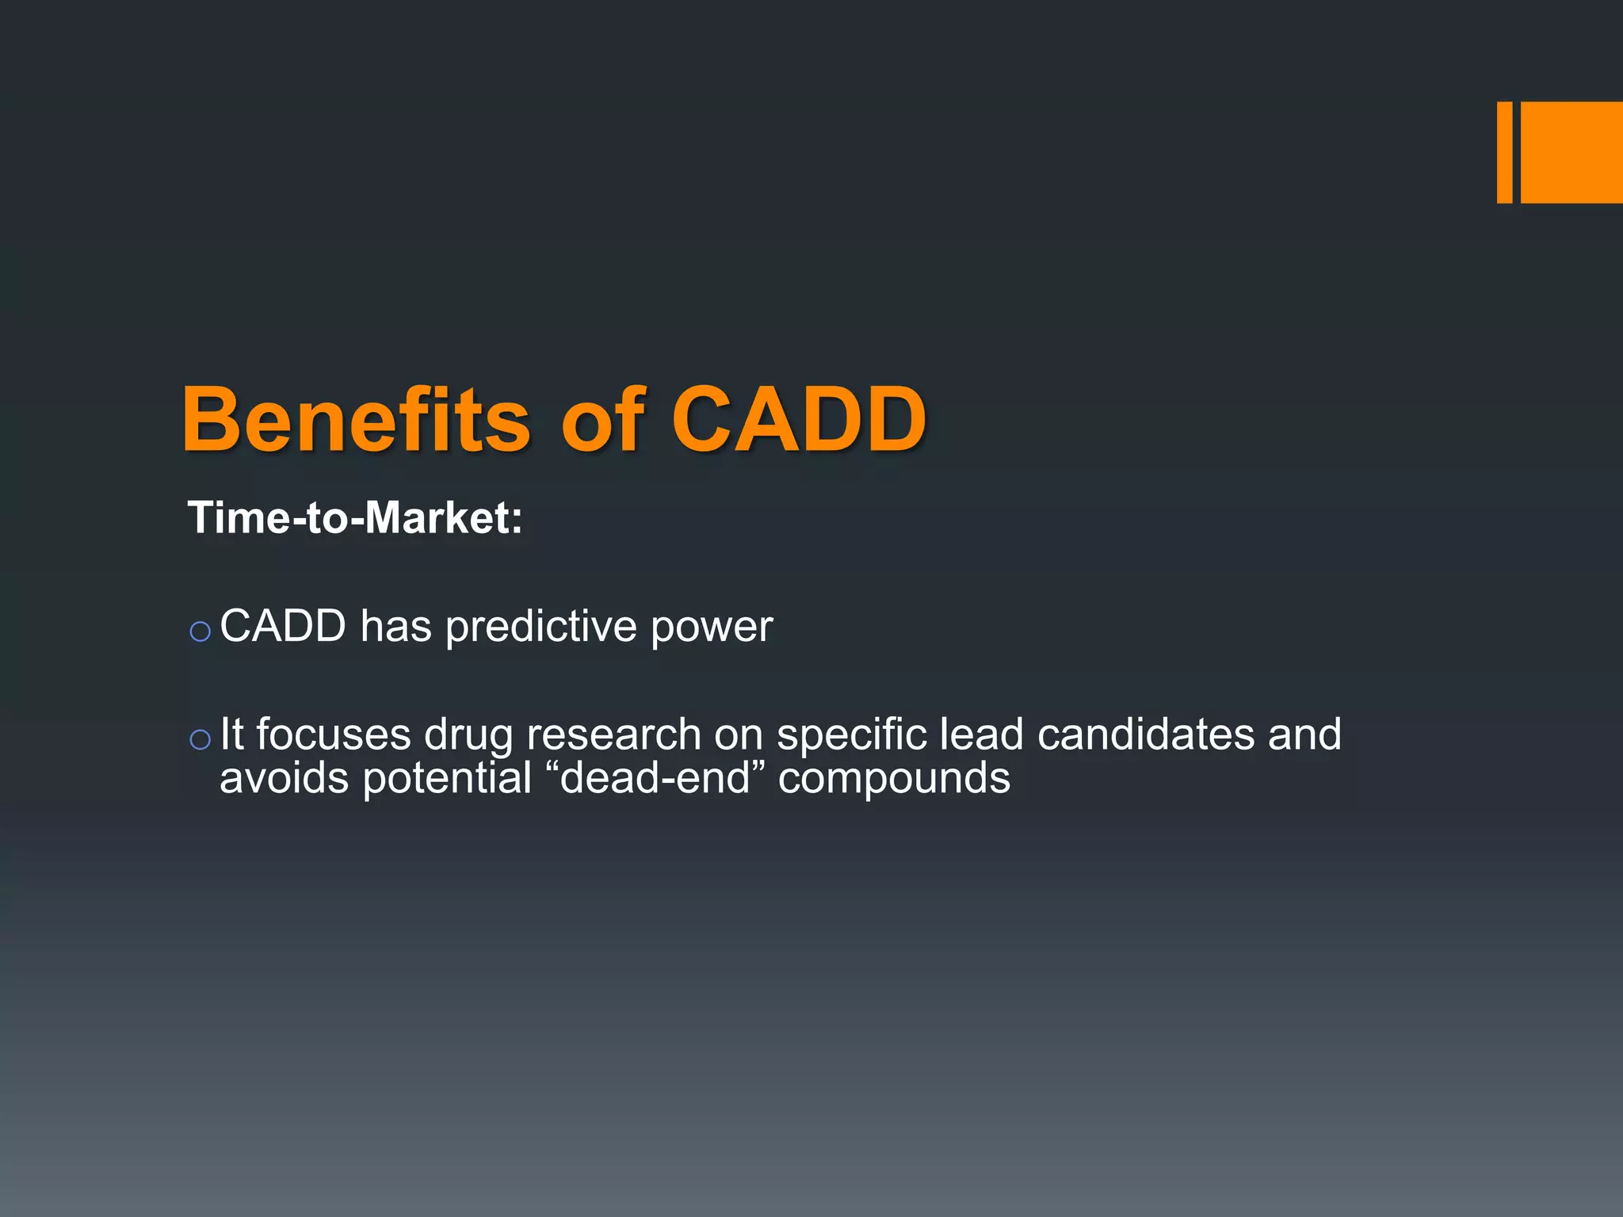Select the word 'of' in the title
[602, 420]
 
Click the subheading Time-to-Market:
[355, 518]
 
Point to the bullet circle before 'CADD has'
[200, 631]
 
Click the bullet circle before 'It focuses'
[200, 739]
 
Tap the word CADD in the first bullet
[283, 626]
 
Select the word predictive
[540, 628]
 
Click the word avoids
[284, 778]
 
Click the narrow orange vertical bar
[1504, 152]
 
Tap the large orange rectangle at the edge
[1571, 152]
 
